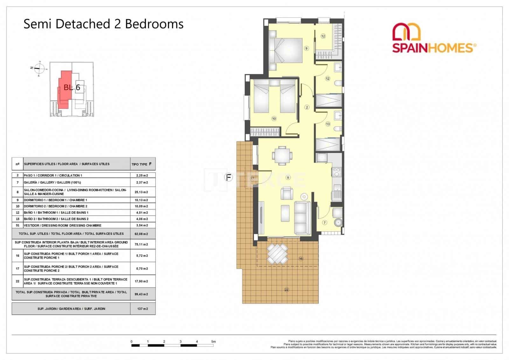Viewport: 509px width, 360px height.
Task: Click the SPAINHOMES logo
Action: (434, 38)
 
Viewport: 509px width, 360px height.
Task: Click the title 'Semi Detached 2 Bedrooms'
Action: (103, 24)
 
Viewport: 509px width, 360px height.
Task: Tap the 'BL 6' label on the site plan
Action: (72, 87)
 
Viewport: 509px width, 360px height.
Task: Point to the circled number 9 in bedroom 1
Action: (306, 48)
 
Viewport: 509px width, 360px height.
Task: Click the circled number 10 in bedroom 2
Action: (274, 118)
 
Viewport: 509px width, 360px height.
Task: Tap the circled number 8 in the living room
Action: (288, 178)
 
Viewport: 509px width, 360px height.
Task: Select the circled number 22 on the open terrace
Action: (286, 290)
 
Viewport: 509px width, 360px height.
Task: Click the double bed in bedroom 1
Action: (286, 50)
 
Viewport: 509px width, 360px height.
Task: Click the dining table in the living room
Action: (282, 155)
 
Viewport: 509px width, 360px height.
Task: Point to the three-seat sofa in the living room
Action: (302, 218)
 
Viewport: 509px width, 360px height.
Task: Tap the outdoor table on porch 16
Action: (277, 253)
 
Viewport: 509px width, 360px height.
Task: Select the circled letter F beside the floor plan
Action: (228, 177)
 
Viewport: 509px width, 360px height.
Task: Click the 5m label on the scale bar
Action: (213, 342)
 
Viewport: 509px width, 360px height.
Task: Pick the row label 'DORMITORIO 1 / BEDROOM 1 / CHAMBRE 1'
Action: (55, 200)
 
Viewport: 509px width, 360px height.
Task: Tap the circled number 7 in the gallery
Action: (324, 222)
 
